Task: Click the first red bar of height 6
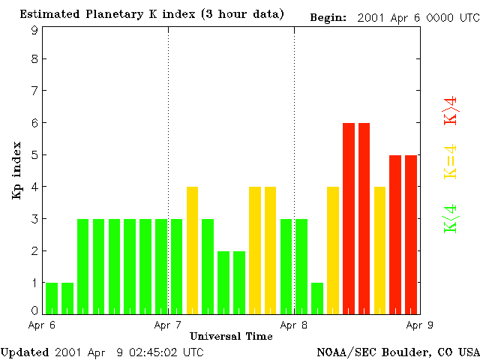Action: (x=349, y=217)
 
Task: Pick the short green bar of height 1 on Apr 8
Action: (x=317, y=298)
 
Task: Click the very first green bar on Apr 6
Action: (x=52, y=298)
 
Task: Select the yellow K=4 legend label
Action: (x=451, y=162)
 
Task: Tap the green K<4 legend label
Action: (x=451, y=220)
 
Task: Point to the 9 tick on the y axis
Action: (x=34, y=30)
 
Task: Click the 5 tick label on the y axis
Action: (x=34, y=155)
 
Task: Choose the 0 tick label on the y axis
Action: (x=34, y=310)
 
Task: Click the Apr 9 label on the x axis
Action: (x=418, y=325)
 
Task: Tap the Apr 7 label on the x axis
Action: (x=168, y=325)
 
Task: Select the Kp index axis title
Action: (x=16, y=170)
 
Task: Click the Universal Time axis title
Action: (x=231, y=336)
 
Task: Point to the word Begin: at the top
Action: (x=328, y=16)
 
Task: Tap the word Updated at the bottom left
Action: (x=24, y=352)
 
